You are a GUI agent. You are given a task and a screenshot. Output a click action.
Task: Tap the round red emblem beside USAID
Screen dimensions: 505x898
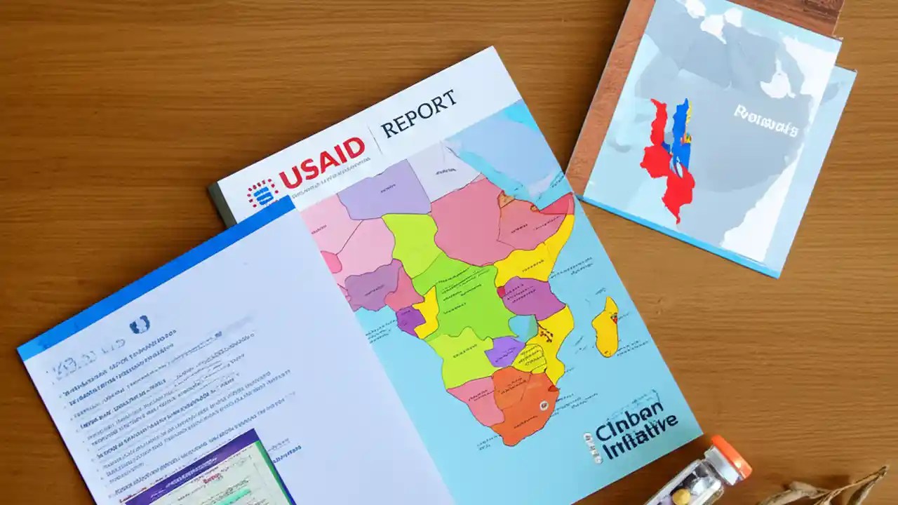tap(262, 193)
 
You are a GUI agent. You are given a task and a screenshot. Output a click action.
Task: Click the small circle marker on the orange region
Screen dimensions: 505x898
tap(542, 405)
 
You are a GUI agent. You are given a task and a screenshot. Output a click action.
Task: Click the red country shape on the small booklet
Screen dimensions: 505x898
tap(666, 165)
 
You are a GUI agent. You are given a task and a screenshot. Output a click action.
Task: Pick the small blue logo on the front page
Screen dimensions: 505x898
tap(139, 325)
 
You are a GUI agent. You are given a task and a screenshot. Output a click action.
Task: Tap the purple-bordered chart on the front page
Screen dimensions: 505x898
tap(210, 470)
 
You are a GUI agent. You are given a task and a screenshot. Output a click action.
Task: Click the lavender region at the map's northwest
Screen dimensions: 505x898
tap(382, 189)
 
